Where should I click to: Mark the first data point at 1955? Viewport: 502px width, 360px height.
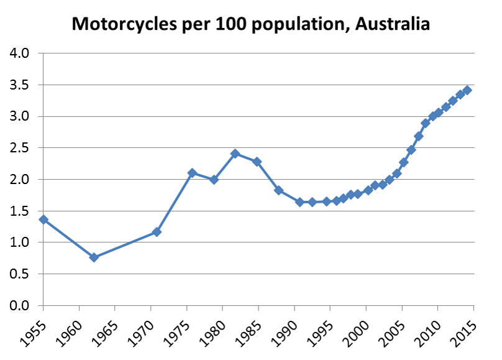point(43,219)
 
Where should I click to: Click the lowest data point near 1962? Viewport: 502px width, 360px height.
point(94,257)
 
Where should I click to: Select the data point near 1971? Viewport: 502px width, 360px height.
point(157,232)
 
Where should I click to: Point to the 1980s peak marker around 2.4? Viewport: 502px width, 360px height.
point(235,154)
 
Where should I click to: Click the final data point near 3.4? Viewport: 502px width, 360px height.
point(467,90)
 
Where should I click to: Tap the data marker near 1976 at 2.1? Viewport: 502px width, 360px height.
point(192,173)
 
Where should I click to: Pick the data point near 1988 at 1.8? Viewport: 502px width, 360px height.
point(279,190)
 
